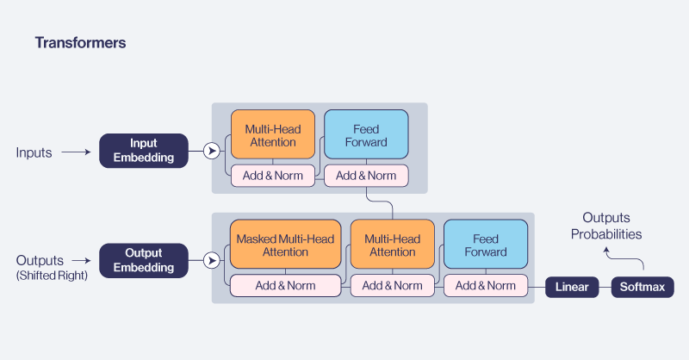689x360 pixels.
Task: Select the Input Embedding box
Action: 143,151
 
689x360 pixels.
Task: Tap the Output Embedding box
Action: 143,260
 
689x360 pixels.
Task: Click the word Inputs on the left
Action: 34,152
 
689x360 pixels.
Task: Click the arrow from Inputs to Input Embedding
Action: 76,152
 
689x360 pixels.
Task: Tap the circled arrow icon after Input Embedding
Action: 210,152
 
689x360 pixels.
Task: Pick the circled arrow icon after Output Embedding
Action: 210,260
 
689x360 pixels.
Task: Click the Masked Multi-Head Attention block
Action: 285,245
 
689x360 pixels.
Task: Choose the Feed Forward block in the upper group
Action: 365,135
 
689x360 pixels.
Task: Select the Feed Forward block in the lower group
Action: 486,245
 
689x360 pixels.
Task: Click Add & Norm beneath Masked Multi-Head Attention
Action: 285,286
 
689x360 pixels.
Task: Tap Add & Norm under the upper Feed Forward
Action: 365,176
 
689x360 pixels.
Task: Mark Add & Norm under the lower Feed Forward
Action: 486,286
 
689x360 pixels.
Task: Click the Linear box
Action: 572,287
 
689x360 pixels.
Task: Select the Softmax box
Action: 642,287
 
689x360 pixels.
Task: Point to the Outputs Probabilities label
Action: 611,226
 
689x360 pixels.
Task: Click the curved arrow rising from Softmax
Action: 624,258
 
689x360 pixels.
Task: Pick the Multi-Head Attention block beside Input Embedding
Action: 272,135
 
